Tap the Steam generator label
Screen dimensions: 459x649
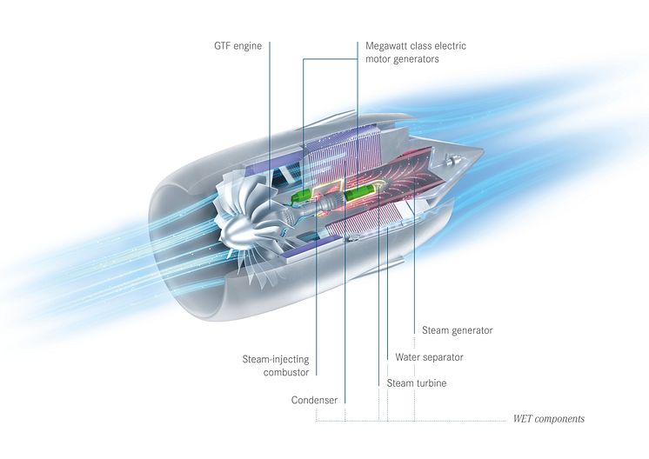pyautogui.click(x=457, y=330)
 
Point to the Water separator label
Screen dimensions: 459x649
pyautogui.click(x=429, y=357)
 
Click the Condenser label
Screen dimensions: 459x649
pyautogui.click(x=314, y=401)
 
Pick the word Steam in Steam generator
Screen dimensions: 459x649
pyautogui.click(x=435, y=330)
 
